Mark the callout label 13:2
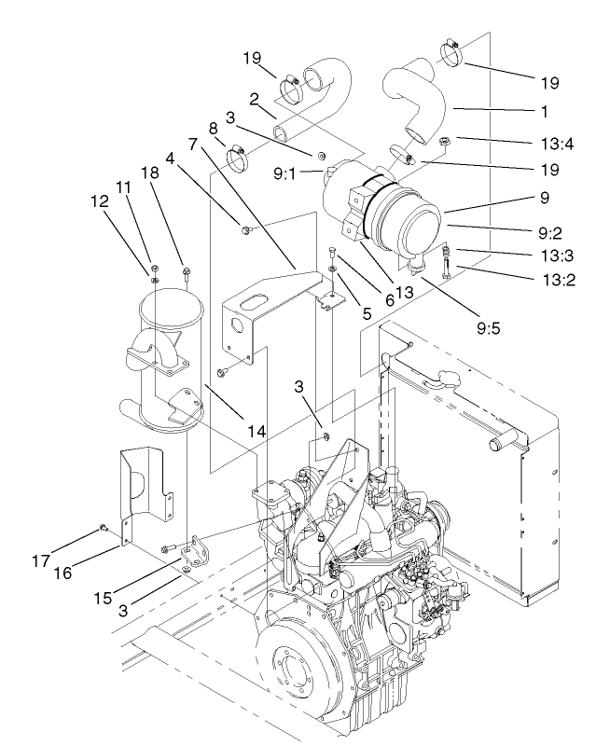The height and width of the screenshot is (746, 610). (x=558, y=276)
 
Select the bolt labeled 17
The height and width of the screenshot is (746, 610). (x=104, y=530)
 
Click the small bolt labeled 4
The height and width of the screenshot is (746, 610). (x=244, y=228)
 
